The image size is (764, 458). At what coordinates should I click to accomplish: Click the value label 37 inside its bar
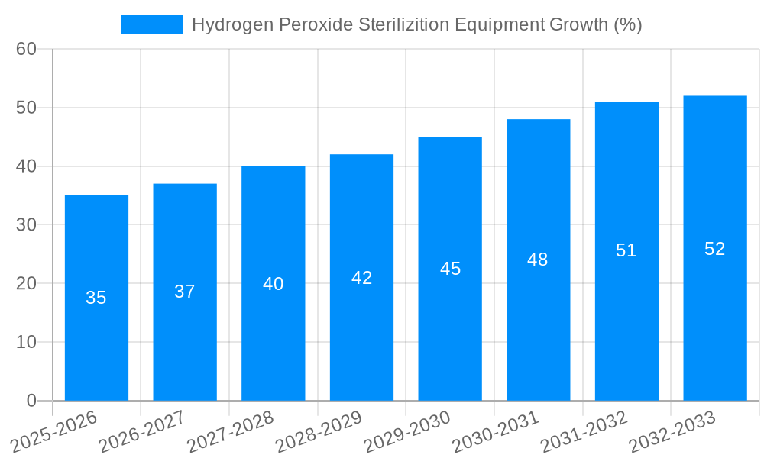pyautogui.click(x=185, y=292)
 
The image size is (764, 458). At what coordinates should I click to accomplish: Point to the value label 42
pyautogui.click(x=361, y=278)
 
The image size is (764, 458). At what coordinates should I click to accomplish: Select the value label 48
pyautogui.click(x=538, y=260)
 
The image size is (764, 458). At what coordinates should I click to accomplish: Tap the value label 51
pyautogui.click(x=626, y=250)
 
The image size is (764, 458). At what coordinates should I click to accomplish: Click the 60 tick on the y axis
pyautogui.click(x=27, y=49)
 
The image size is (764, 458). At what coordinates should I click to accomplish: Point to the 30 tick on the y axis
pyautogui.click(x=27, y=225)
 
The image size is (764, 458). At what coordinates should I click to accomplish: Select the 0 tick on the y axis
pyautogui.click(x=31, y=401)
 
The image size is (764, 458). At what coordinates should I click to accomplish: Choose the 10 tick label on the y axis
pyautogui.click(x=27, y=342)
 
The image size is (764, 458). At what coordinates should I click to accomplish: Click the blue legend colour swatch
pyautogui.click(x=152, y=24)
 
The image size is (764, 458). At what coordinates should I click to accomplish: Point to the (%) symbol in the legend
pyautogui.click(x=627, y=24)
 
